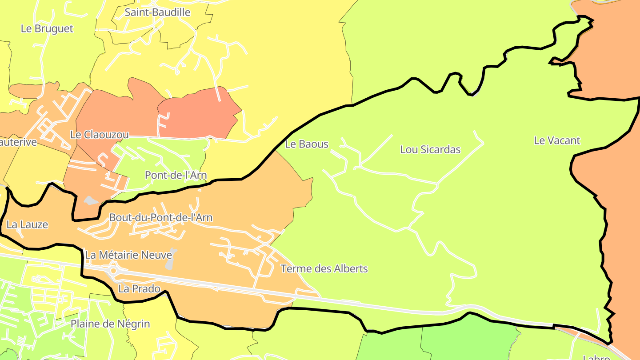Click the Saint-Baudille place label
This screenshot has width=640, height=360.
[157, 12]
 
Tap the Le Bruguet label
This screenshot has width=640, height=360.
[47, 28]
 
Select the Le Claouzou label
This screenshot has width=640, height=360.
[100, 134]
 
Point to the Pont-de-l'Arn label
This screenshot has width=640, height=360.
[176, 175]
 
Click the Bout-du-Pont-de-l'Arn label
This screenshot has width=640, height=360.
[160, 218]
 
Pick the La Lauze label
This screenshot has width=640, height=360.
[27, 224]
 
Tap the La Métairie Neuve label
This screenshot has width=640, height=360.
[128, 255]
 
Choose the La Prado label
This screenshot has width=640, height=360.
[139, 289]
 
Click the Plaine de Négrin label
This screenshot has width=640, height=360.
[110, 324]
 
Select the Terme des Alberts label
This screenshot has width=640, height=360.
[324, 269]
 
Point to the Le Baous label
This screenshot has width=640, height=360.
[307, 144]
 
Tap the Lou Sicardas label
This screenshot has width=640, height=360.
[430, 149]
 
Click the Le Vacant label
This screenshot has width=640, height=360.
[557, 140]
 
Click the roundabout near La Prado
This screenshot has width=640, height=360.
[113, 270]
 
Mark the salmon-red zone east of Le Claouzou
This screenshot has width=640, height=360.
[198, 113]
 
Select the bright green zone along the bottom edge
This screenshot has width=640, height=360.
[467, 340]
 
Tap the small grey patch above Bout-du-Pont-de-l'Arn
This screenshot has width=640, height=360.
[91, 201]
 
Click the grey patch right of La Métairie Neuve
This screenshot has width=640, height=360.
[170, 262]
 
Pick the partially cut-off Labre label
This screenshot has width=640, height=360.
[596, 357]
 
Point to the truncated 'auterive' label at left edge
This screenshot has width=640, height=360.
[19, 143]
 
